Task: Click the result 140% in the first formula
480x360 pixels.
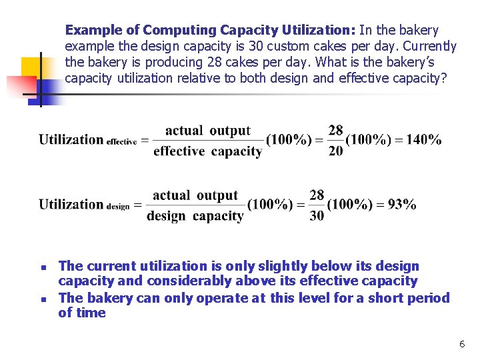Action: coord(424,140)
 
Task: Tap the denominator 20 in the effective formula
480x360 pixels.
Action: coord(336,151)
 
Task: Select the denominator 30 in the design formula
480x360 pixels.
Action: coord(317,216)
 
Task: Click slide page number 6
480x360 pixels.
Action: coord(461,344)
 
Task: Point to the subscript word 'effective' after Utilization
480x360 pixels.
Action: coord(121,142)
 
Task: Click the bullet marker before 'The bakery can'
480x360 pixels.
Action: coord(41,299)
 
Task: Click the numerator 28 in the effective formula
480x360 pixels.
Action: coord(336,130)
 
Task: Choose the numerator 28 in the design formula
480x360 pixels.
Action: coord(317,195)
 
